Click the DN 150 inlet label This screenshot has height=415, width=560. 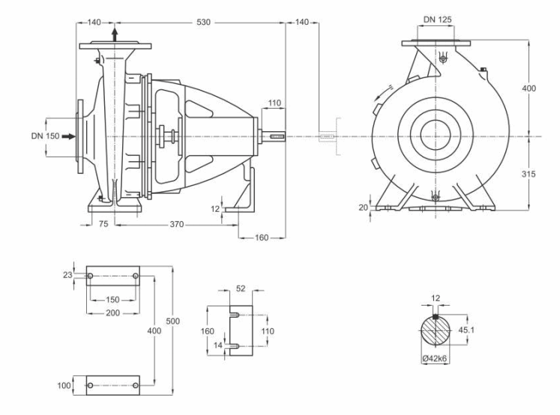(x=45, y=136)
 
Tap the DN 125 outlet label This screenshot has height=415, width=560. (x=438, y=19)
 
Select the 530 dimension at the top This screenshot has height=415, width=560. (x=204, y=22)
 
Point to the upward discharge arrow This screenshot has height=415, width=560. (x=115, y=34)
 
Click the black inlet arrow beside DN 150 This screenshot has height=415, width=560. (x=68, y=136)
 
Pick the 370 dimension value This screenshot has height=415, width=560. (x=177, y=224)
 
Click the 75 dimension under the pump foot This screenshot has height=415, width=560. (x=103, y=224)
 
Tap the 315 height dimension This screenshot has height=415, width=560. (x=529, y=174)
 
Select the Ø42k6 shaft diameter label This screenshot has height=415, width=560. (x=435, y=359)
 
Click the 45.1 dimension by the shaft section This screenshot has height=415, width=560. (x=466, y=330)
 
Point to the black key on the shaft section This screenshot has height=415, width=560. (x=436, y=317)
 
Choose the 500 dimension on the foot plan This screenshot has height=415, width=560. (x=173, y=321)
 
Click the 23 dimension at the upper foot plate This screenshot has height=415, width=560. (x=67, y=275)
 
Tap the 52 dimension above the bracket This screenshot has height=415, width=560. (x=241, y=288)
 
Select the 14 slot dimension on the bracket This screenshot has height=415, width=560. (x=218, y=345)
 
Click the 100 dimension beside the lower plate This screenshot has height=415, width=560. (x=64, y=385)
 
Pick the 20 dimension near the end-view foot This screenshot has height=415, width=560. (x=364, y=207)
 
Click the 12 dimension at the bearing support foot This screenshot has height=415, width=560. (x=215, y=209)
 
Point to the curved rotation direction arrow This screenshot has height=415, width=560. (x=383, y=91)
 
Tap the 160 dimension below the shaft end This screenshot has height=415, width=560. (x=262, y=237)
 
